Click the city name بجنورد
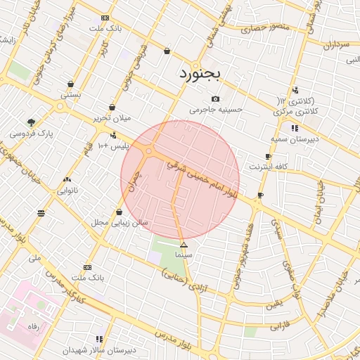point(200,72)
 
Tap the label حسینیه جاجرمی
point(216,110)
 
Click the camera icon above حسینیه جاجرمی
point(216,98)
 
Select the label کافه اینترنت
point(269,167)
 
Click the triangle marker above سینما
point(184,245)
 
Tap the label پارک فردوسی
point(32,131)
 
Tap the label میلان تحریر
point(113,118)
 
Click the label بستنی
point(70,94)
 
